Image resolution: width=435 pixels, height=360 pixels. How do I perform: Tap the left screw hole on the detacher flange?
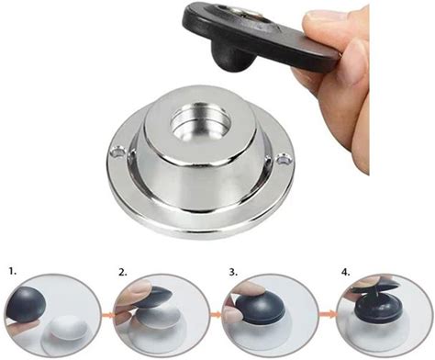tap(117, 152)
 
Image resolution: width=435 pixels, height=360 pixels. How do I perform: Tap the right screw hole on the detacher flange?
tap(283, 160)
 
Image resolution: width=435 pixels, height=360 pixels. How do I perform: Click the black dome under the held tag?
tap(230, 57)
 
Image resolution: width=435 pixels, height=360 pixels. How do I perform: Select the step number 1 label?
tap(13, 271)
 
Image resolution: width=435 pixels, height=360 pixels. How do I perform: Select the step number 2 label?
tap(123, 273)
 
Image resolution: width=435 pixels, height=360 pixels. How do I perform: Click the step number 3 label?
tap(233, 272)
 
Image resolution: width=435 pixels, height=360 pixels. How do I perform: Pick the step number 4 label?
tap(345, 273)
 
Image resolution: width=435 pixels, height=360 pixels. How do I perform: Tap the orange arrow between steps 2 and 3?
tap(217, 314)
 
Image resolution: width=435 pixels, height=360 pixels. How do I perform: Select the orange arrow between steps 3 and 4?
tap(328, 313)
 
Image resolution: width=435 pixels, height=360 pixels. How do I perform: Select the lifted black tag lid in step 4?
tap(374, 287)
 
